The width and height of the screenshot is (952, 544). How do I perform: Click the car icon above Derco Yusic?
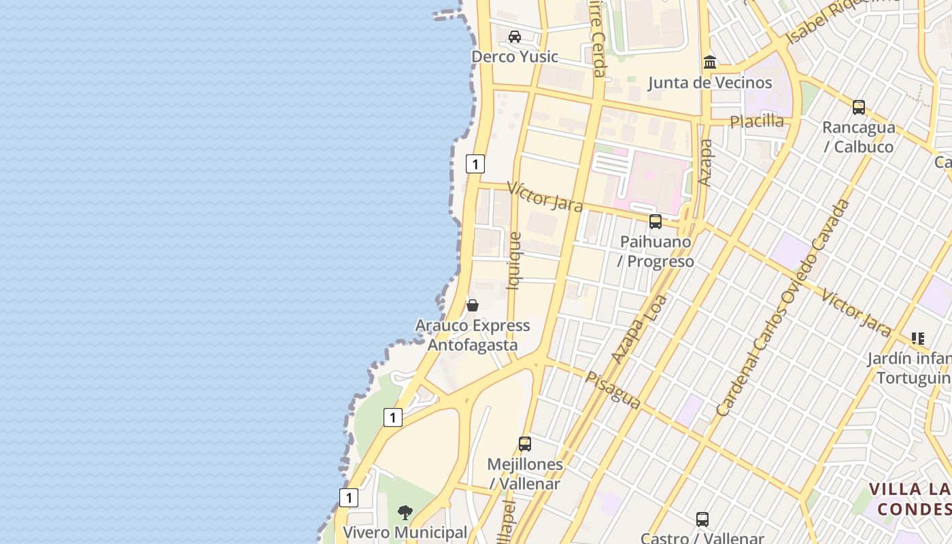(515, 37)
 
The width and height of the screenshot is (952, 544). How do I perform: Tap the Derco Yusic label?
(515, 56)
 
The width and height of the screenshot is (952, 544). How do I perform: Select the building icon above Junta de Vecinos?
(710, 63)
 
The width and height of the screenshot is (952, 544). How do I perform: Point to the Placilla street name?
(757, 121)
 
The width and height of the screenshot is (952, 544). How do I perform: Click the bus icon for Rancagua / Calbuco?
(859, 107)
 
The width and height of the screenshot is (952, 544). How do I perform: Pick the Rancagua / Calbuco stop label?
(858, 137)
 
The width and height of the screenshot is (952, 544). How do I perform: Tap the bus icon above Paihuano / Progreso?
(656, 222)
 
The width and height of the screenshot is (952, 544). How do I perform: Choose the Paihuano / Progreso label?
(656, 252)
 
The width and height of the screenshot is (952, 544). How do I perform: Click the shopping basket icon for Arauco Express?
(473, 305)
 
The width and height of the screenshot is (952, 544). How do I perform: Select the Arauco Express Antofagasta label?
(473, 335)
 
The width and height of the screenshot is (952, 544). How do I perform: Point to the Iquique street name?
(515, 261)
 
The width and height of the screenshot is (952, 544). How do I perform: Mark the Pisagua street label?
(613, 390)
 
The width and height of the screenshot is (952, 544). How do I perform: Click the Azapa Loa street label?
(639, 328)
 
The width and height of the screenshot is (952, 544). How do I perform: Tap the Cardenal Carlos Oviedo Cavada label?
(783, 307)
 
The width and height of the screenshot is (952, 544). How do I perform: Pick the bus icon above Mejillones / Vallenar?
(525, 444)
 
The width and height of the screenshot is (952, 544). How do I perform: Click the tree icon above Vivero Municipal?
(405, 512)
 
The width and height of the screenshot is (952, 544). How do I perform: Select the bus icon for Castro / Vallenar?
(702, 520)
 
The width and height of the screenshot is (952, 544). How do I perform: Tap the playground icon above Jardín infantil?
(918, 338)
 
